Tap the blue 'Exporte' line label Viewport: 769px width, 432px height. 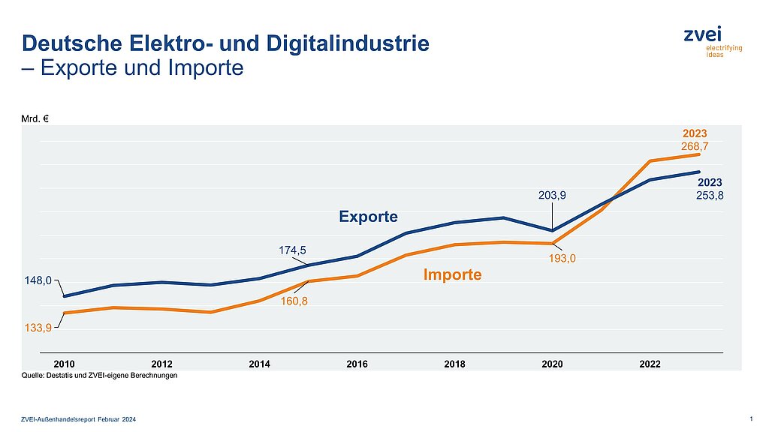368,217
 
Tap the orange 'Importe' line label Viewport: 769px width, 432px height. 452,274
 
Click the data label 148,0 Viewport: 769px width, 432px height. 38,281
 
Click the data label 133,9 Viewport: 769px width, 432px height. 38,328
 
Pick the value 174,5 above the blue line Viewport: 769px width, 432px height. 292,250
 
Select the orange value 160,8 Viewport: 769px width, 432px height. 292,301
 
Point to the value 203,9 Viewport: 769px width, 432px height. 552,195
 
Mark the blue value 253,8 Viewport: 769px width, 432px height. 710,195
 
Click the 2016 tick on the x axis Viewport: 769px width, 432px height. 357,364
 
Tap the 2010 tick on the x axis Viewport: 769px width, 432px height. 65,364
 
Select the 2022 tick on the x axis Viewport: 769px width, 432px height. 650,364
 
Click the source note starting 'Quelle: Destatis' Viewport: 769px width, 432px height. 99,376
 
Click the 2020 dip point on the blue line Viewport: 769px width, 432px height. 553,230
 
